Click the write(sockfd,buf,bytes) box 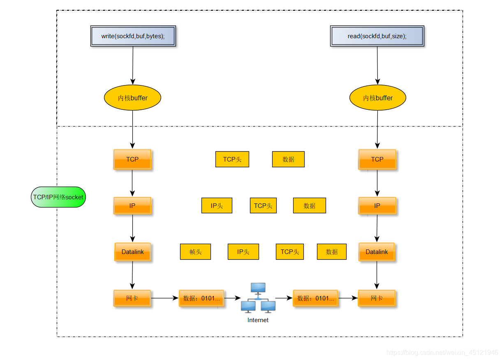133,36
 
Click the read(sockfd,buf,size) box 377,36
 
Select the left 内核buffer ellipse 132,98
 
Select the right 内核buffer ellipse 377,98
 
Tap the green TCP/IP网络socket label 58,197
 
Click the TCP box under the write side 132,159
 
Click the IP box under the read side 377,205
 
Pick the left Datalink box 132,252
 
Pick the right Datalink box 377,252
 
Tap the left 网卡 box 132,298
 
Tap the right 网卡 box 377,298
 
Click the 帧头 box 195,252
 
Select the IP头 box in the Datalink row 243,252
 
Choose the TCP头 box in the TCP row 232,159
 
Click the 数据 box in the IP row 309,205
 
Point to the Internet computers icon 258,298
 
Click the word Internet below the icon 258,320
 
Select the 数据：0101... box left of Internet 201,298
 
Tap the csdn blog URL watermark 442,353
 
